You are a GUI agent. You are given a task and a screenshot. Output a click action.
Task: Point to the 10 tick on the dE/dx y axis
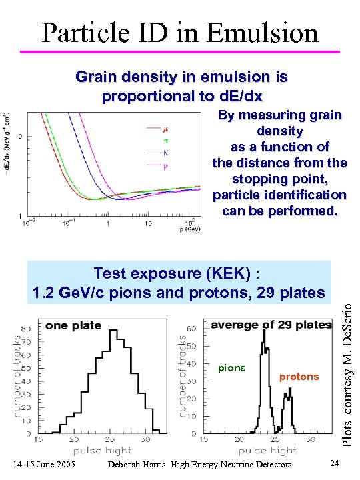tap(19, 136)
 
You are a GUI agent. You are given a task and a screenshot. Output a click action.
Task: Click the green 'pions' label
tap(232, 368)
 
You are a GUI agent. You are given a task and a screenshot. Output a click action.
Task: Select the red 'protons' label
tap(299, 377)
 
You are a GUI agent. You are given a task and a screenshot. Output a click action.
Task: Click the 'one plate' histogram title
tap(73, 325)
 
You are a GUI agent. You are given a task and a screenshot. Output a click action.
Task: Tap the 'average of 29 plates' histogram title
tap(271, 325)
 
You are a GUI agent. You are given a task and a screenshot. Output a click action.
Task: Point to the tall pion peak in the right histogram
tap(264, 333)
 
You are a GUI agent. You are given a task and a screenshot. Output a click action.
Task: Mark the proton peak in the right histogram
tap(288, 397)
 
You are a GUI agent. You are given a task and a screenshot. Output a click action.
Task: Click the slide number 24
tap(335, 464)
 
